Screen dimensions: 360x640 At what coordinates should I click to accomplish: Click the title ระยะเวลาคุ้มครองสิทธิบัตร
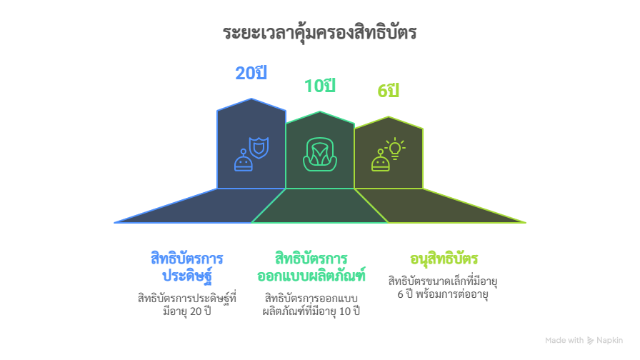pyautogui.click(x=319, y=33)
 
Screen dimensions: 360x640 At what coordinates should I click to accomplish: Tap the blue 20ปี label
pyautogui.click(x=251, y=73)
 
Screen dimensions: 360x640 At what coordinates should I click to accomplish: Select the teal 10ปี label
pyautogui.click(x=319, y=86)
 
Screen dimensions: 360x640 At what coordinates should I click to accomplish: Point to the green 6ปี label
pyautogui.click(x=388, y=91)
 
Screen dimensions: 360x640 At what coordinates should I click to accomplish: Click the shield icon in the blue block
pyautogui.click(x=259, y=146)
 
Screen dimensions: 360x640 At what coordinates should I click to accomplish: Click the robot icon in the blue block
pyautogui.click(x=244, y=161)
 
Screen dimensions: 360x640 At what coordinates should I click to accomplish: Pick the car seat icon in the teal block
pyautogui.click(x=319, y=154)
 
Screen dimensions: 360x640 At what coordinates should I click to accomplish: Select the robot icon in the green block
pyautogui.click(x=380, y=161)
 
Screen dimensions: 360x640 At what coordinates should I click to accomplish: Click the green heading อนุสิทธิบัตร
pyautogui.click(x=444, y=259)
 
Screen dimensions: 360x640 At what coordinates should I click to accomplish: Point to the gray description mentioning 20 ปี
pyautogui.click(x=187, y=304)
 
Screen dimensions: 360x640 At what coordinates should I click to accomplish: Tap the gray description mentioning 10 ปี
pyautogui.click(x=311, y=304)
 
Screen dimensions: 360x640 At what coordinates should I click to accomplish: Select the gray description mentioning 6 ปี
pyautogui.click(x=443, y=287)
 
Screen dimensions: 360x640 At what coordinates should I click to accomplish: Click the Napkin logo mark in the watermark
pyautogui.click(x=591, y=341)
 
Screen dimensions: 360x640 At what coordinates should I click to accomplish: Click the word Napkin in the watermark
pyautogui.click(x=610, y=341)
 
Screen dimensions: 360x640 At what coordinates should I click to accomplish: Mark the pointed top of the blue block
pyautogui.click(x=251, y=99)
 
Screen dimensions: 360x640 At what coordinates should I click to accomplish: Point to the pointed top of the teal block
pyautogui.click(x=321, y=111)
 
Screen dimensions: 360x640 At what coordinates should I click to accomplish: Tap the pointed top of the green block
pyautogui.click(x=389, y=116)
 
